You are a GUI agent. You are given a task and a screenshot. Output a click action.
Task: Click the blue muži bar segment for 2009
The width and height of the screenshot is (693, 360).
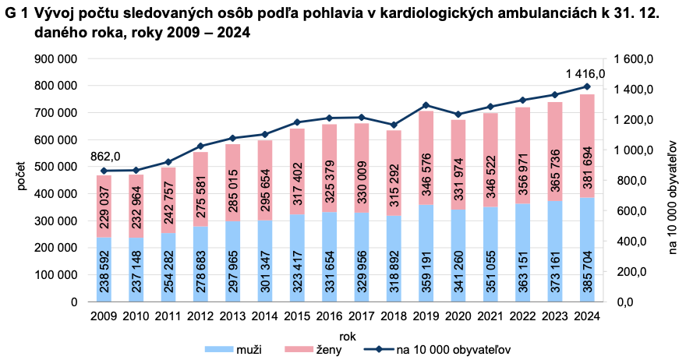pos(104,269)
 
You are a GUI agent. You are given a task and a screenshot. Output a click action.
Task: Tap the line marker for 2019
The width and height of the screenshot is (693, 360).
pos(426,105)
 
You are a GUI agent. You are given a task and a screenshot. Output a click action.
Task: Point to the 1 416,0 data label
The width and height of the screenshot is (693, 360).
pos(585,73)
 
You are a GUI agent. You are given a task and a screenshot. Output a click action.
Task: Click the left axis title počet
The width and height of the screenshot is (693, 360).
pos(21,179)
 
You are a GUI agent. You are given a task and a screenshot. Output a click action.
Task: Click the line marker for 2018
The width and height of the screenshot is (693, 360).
pos(394,125)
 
